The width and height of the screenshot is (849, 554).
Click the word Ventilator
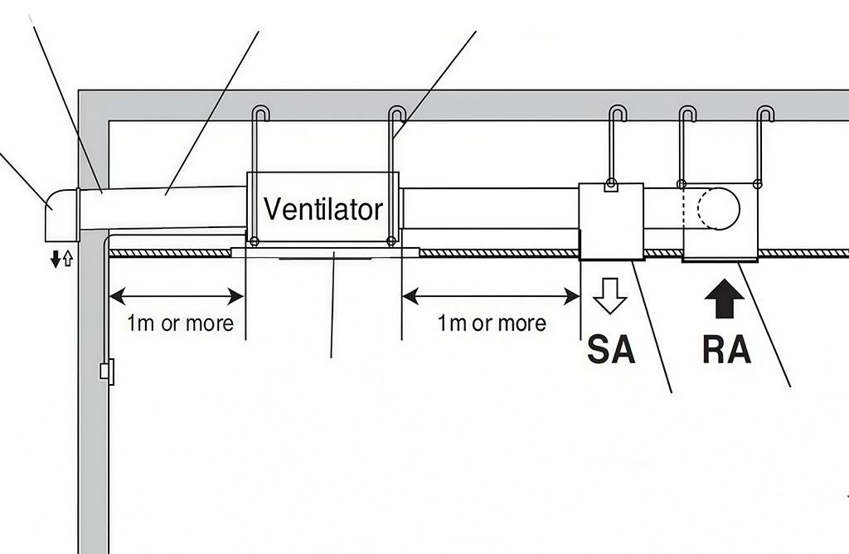click(x=323, y=208)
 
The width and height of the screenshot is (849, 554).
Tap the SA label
click(x=611, y=349)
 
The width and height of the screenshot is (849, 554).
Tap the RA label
click(x=726, y=349)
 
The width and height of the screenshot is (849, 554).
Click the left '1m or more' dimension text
click(x=180, y=323)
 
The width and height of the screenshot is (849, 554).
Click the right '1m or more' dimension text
click(x=492, y=323)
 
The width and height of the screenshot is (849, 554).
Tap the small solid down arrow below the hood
click(x=56, y=260)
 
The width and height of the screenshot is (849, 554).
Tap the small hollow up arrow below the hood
click(x=68, y=260)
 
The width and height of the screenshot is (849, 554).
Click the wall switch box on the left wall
click(x=105, y=370)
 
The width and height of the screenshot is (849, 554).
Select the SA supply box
click(x=611, y=221)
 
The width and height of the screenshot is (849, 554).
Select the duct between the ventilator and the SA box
click(x=488, y=207)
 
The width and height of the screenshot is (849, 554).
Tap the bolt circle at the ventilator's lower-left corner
click(x=255, y=242)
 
